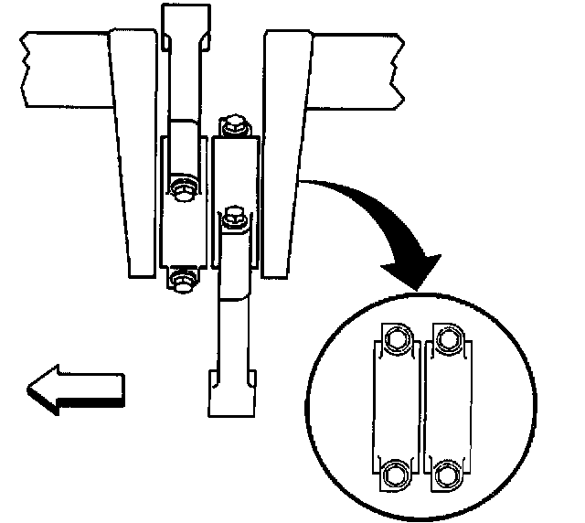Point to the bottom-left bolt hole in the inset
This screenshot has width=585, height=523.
[x=395, y=474]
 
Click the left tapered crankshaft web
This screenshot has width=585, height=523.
[x=136, y=155]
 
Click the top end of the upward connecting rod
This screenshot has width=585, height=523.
[x=186, y=27]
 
